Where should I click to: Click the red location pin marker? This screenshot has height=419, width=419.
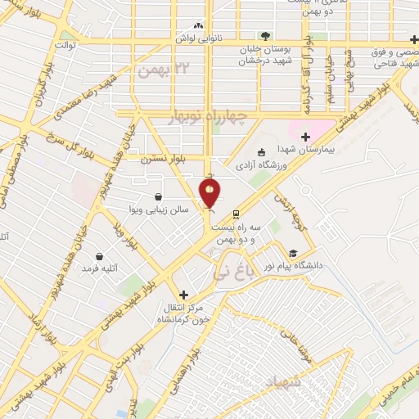(x=210, y=193)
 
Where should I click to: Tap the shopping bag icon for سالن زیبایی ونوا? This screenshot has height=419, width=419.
(x=157, y=196)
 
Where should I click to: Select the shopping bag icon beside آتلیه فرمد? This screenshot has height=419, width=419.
(x=100, y=256)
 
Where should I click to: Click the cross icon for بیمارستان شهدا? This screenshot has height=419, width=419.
(x=305, y=137)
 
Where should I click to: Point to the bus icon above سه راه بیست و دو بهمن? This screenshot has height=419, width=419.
(x=237, y=214)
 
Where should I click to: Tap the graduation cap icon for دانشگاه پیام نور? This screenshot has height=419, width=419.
(x=293, y=254)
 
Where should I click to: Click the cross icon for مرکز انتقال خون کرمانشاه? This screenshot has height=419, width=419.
(x=183, y=295)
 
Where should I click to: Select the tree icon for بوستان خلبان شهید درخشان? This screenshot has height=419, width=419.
(x=265, y=35)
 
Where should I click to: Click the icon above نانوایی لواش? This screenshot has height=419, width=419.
(x=196, y=26)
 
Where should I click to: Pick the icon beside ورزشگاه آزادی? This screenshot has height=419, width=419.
(x=261, y=152)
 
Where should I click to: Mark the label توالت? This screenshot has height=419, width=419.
(x=65, y=45)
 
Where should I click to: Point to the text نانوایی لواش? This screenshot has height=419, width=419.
(x=196, y=39)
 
